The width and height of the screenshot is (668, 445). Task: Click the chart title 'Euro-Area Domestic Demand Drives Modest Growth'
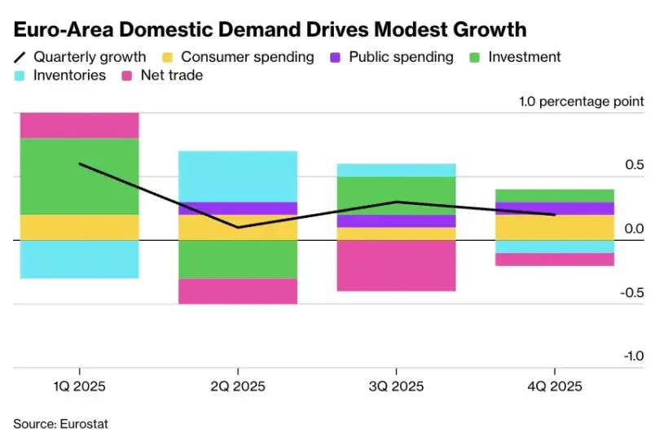point(269,30)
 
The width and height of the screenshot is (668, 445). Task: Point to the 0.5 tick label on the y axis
point(633,165)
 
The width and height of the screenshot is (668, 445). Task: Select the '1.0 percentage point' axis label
point(581,102)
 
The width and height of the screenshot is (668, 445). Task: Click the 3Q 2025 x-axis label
point(396,386)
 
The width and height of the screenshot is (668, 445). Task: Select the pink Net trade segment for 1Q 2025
point(79,125)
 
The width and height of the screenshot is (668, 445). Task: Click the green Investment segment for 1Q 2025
point(79,176)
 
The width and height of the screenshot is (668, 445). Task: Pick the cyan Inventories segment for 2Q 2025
point(238,176)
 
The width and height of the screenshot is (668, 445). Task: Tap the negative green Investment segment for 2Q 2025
point(238,259)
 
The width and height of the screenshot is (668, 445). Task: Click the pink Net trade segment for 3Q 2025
point(396,265)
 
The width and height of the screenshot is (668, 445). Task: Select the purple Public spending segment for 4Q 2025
point(555,208)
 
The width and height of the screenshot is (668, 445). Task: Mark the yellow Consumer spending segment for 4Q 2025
point(555,227)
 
